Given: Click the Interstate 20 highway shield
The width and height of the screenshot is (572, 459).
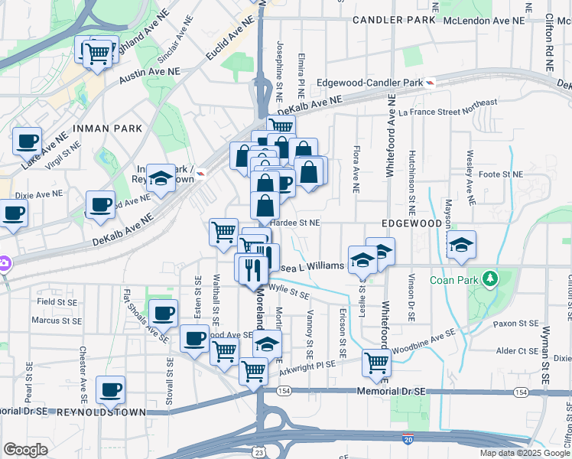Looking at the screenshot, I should click(x=409, y=439).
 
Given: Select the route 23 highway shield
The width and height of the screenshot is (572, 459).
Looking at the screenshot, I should click(x=262, y=453).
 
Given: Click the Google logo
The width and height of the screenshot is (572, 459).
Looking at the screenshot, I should click(x=25, y=450).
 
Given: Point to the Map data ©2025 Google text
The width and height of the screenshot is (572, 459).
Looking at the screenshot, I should click(x=525, y=453).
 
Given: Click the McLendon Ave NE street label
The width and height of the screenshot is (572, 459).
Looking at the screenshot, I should click(x=496, y=21).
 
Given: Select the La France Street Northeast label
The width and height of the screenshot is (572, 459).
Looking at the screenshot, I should click(x=448, y=106).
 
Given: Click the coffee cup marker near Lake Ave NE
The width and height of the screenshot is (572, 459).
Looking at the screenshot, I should click(x=28, y=141).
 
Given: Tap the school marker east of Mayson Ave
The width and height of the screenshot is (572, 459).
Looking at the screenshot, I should click(x=461, y=245).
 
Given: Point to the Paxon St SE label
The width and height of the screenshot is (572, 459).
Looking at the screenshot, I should click(x=515, y=324).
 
